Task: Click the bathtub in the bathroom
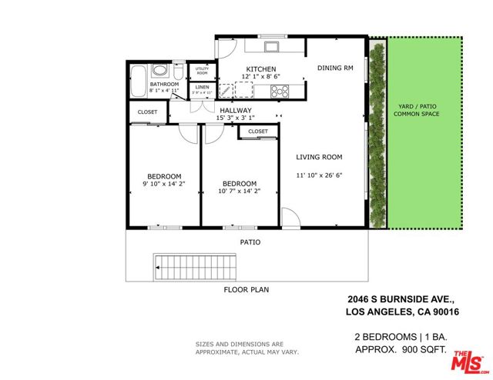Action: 139,80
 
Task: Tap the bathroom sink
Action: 159,72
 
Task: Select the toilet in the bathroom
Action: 177,73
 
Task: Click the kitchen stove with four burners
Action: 280,91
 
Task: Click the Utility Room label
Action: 202,71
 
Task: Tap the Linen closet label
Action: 202,87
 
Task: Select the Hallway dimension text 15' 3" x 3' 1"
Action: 235,118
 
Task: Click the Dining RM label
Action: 335,68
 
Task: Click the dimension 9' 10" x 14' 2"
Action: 164,185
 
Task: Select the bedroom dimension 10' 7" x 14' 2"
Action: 239,191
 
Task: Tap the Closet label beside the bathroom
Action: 147,112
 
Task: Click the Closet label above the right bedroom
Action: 258,132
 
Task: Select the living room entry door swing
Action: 289,218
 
